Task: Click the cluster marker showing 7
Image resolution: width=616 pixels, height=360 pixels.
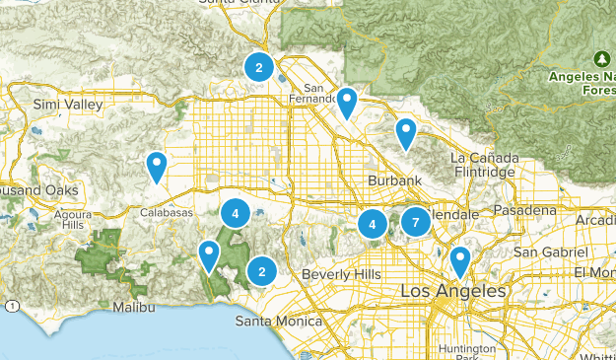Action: (416, 222)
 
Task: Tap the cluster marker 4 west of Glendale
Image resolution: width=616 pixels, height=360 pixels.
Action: (373, 224)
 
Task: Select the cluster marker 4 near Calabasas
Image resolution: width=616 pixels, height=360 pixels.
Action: (235, 212)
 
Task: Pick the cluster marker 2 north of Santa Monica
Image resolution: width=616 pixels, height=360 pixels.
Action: (261, 270)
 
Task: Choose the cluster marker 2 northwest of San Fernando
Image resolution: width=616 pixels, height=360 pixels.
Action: (258, 67)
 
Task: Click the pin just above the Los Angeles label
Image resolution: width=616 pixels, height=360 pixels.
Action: (459, 261)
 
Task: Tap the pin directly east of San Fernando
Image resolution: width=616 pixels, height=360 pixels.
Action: (347, 103)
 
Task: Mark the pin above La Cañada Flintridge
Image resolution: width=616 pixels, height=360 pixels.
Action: (406, 133)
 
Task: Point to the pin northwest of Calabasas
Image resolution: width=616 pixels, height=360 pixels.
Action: (156, 167)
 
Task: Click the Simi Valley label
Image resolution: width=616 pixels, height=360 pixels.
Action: (38, 105)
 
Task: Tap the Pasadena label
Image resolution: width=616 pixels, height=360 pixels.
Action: (524, 210)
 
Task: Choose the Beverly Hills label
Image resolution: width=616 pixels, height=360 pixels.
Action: (340, 273)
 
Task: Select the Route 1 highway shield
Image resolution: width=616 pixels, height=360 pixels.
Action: (11, 307)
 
